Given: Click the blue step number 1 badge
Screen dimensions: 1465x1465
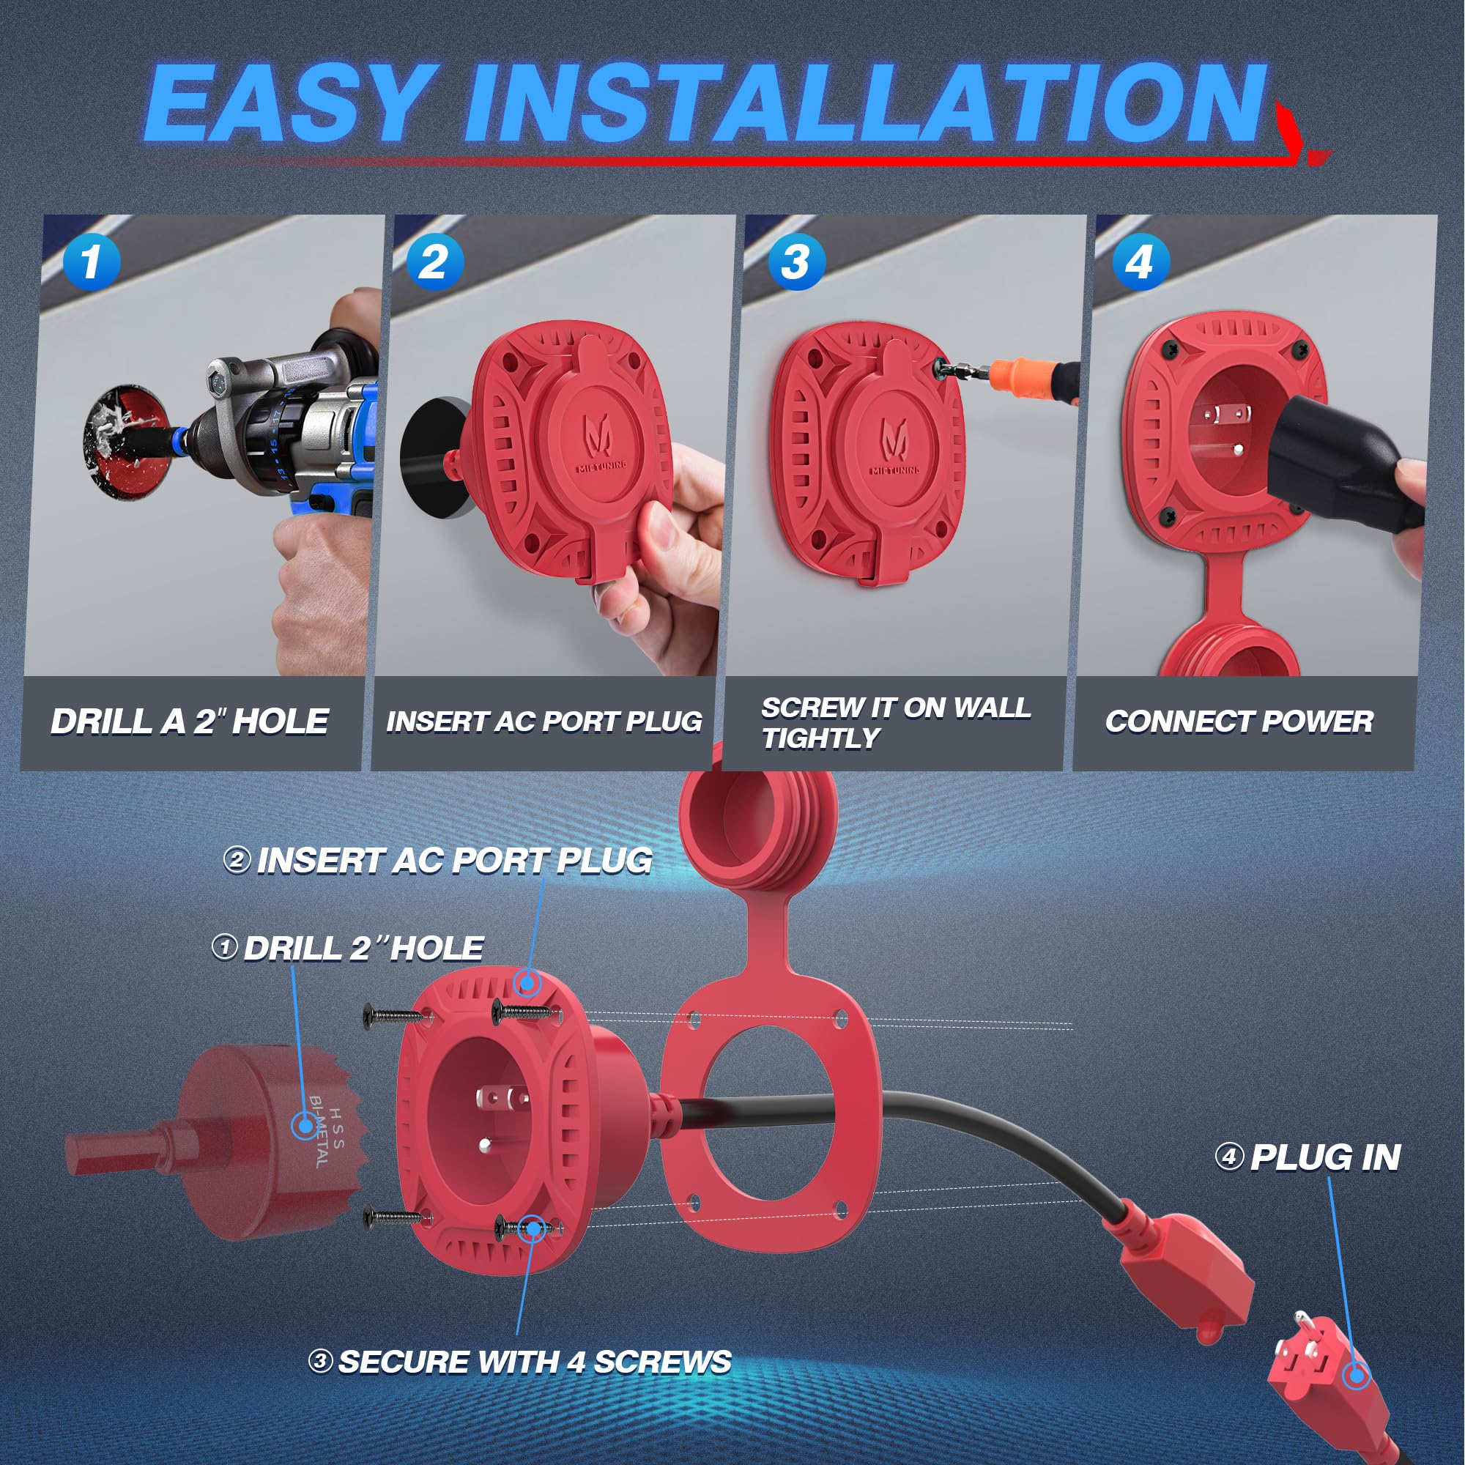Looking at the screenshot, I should pyautogui.click(x=92, y=262).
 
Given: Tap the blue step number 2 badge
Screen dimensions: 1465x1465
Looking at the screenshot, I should pyautogui.click(x=434, y=262).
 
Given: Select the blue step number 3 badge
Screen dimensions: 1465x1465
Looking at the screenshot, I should pyautogui.click(x=795, y=262).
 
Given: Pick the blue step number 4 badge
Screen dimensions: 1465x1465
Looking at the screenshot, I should pyautogui.click(x=1140, y=262).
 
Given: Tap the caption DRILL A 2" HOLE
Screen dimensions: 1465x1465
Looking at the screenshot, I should pyautogui.click(x=190, y=721).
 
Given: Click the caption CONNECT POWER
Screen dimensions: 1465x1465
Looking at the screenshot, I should pyautogui.click(x=1239, y=721).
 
